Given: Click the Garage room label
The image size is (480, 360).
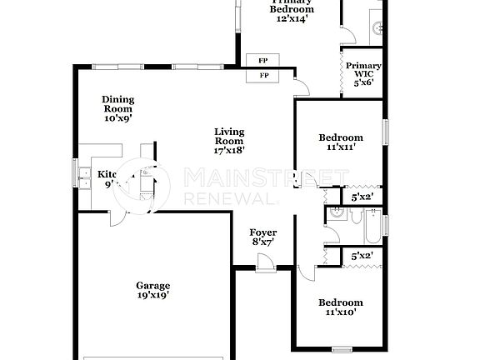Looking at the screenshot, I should tap(154, 290).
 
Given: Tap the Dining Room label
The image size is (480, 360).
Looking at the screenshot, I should tap(118, 109).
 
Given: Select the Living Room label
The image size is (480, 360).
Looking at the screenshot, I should tap(229, 141).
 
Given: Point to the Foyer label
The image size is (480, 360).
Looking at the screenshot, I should tap(263, 237).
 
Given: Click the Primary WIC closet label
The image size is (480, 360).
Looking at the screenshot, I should tap(363, 73).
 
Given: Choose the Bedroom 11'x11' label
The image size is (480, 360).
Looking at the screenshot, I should tap(341, 142).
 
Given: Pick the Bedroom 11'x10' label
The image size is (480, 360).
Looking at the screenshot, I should tap(341, 307).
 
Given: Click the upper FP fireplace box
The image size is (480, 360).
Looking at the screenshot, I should tap(263, 61).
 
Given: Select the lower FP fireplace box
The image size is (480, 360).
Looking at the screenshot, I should tap(263, 76).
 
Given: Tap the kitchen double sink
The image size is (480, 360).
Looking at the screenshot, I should tap(86, 176).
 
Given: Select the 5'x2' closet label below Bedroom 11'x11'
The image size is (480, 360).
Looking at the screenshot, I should tap(362, 197).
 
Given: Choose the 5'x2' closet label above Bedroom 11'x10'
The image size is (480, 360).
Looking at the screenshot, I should tap(362, 257).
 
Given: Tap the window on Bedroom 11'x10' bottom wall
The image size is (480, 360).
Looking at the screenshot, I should tap(342, 348).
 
